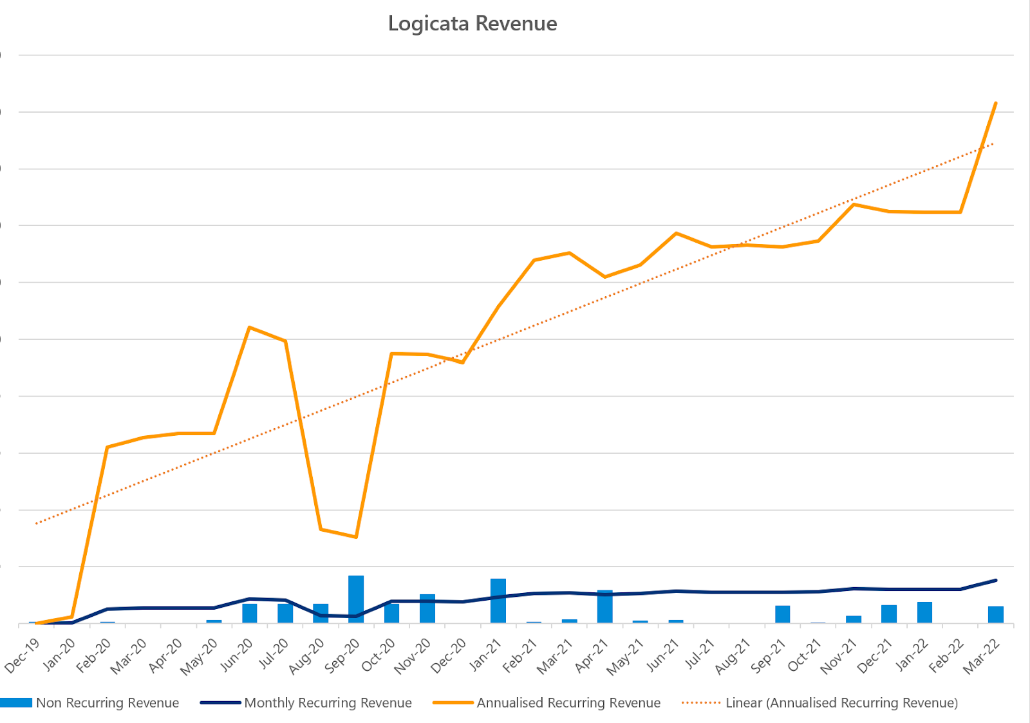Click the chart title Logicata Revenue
click(x=473, y=24)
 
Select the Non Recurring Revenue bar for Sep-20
click(x=356, y=599)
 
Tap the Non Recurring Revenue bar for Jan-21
click(x=498, y=601)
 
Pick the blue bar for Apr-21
click(x=605, y=606)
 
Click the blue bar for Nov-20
click(x=427, y=608)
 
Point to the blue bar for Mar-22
click(x=996, y=614)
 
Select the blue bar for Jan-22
click(x=924, y=612)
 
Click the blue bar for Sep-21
click(x=783, y=614)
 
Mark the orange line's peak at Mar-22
click(x=996, y=103)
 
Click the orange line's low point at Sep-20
click(x=356, y=537)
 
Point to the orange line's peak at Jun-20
click(x=249, y=328)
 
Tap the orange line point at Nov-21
click(x=854, y=205)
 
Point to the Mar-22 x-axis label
click(x=982, y=655)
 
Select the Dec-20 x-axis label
click(x=449, y=655)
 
